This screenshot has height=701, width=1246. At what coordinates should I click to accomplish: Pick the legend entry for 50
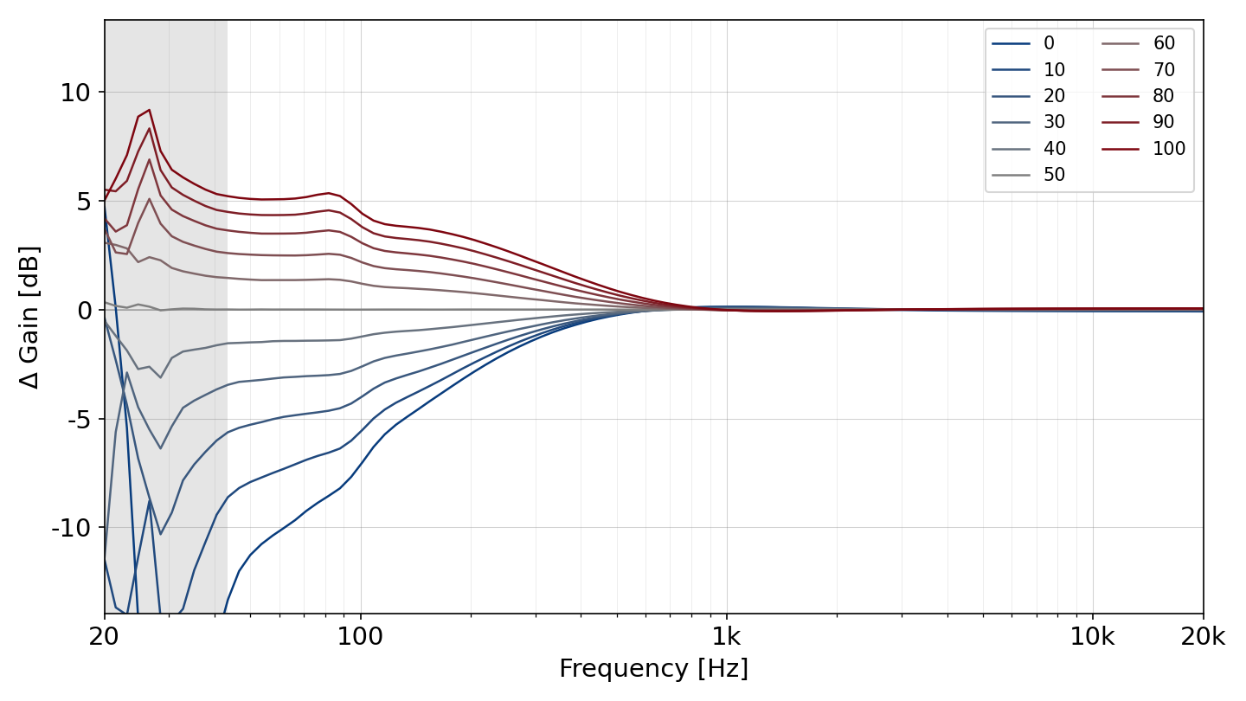(x=1028, y=175)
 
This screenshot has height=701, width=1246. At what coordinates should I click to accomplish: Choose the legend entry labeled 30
(x=1028, y=122)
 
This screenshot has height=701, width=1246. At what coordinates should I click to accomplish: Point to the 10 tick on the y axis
(x=75, y=93)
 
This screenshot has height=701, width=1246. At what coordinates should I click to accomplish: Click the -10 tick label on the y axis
(x=71, y=527)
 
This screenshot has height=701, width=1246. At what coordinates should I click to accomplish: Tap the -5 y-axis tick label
(x=79, y=419)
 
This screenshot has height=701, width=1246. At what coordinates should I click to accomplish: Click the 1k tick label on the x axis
(x=727, y=636)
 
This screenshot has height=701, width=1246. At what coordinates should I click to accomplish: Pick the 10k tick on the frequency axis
(x=1093, y=636)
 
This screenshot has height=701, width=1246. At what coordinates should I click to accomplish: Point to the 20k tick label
(x=1203, y=636)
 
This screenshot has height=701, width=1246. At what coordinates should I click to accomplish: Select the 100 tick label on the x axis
(x=361, y=636)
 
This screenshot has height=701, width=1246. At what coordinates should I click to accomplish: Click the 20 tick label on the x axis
(x=104, y=636)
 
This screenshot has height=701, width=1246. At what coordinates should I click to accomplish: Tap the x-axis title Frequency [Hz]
(x=653, y=668)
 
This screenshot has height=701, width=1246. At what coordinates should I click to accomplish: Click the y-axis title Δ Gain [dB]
(x=29, y=317)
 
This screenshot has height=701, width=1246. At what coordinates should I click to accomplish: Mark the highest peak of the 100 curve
(x=149, y=110)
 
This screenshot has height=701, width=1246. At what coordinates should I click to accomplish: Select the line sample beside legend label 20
(x=1011, y=96)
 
